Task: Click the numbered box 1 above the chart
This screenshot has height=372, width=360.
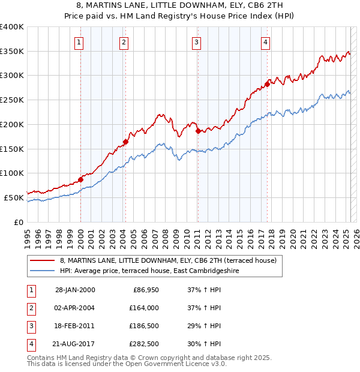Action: pos(80,42)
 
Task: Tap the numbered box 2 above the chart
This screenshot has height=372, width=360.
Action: pos(123,42)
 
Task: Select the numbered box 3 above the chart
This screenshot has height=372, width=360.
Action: pos(196,42)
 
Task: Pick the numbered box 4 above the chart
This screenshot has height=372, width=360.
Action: pos(265,42)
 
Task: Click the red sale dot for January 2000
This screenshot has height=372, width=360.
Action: pos(80,179)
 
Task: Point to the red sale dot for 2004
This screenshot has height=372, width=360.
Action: pos(125,142)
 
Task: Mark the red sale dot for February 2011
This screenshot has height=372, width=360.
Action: pos(198,131)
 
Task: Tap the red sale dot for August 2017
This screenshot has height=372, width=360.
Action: pos(267,84)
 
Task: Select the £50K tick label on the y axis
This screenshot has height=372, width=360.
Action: pos(14,197)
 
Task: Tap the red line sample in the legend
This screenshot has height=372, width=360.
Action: pos(42,260)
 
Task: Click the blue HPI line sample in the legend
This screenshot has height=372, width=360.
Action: pos(42,271)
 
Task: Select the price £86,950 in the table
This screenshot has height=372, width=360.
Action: pos(143,290)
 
